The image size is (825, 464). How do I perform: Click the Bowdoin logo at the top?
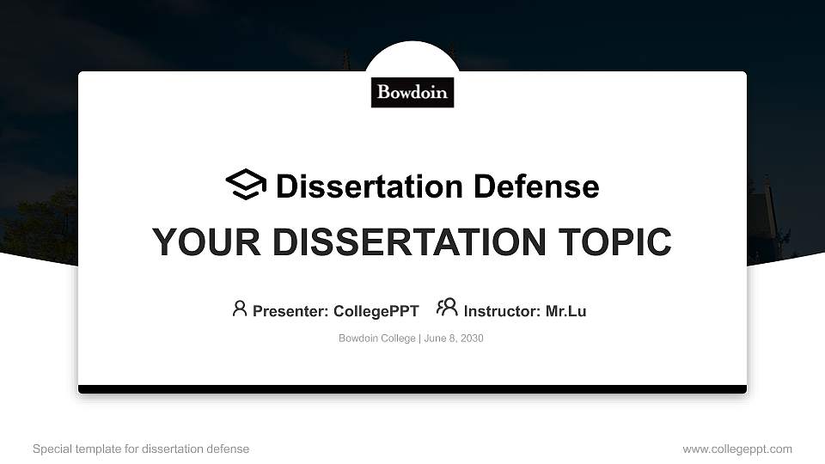pos(412,92)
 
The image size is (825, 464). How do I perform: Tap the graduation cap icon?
pos(246,186)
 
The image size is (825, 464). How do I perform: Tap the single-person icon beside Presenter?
pos(240,308)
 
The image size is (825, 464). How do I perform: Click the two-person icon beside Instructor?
pos(447,308)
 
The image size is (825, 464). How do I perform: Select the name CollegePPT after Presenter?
pos(376,311)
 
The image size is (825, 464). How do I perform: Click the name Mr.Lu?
pos(565,311)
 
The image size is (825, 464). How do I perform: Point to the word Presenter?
pos(290,311)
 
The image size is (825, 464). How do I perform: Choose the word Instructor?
pos(502,311)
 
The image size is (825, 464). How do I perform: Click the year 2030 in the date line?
pos(472,339)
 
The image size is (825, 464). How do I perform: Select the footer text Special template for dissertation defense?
pos(141,449)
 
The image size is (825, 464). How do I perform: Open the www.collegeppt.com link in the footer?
pos(737,449)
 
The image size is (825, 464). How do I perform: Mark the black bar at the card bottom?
pos(412,389)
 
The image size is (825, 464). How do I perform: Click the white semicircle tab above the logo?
pos(412,57)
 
